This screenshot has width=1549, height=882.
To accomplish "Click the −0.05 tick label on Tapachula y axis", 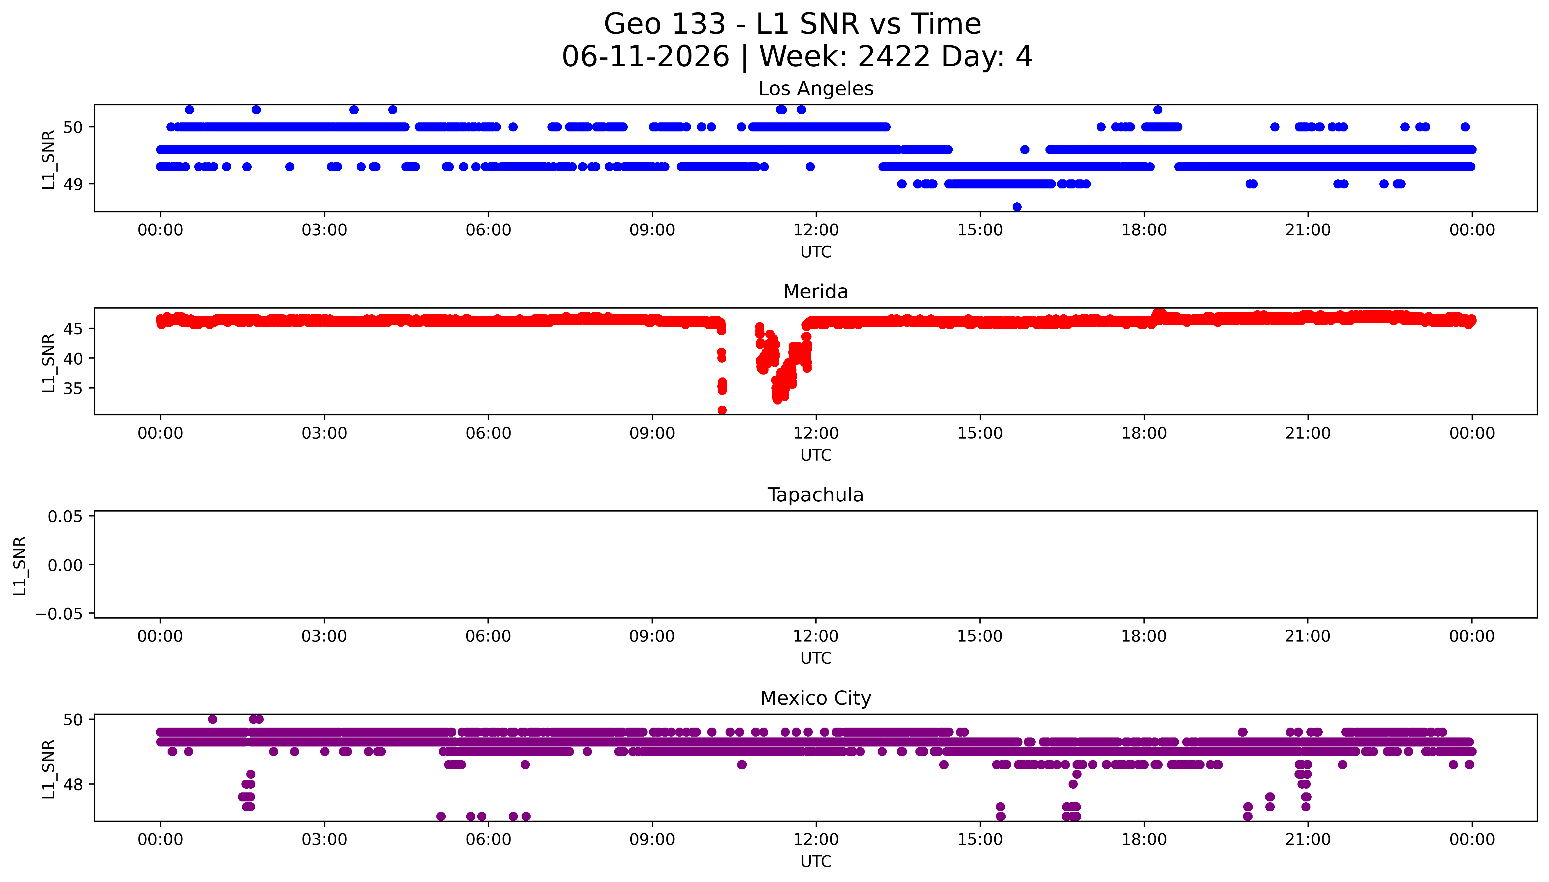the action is [x=59, y=614].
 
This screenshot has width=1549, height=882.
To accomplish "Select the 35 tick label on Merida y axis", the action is [x=73, y=388].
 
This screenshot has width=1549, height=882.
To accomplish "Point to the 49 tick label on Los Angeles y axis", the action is [x=73, y=184].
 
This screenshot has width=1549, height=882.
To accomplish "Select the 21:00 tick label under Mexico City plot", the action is [x=1308, y=840].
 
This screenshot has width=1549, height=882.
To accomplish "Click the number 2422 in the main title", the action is [x=894, y=57].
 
